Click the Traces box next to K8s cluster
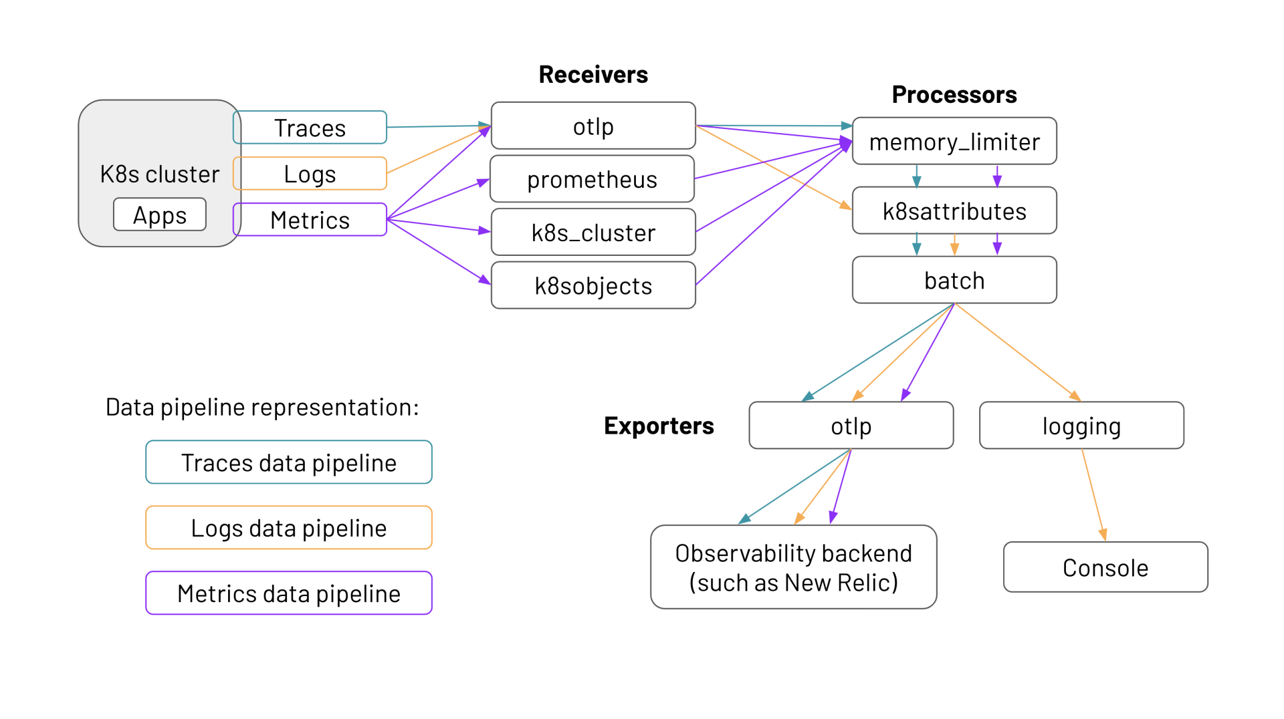pos(310,128)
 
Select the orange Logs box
pos(310,174)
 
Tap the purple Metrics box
pos(310,220)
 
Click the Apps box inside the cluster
pos(160,215)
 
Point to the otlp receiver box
pos(593,126)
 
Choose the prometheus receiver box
pos(592,179)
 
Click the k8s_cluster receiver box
pos(593,233)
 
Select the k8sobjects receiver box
pos(593,285)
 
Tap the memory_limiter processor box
pos(954,142)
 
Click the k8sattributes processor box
pos(954,211)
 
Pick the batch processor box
pos(954,281)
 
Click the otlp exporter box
pos(851,426)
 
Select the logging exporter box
pos(1081,426)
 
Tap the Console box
pos(1105,567)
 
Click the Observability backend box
pos(793,567)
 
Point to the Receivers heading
pos(593,74)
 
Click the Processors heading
pos(954,94)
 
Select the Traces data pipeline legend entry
pos(289,462)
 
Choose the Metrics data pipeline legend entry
pos(289,593)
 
